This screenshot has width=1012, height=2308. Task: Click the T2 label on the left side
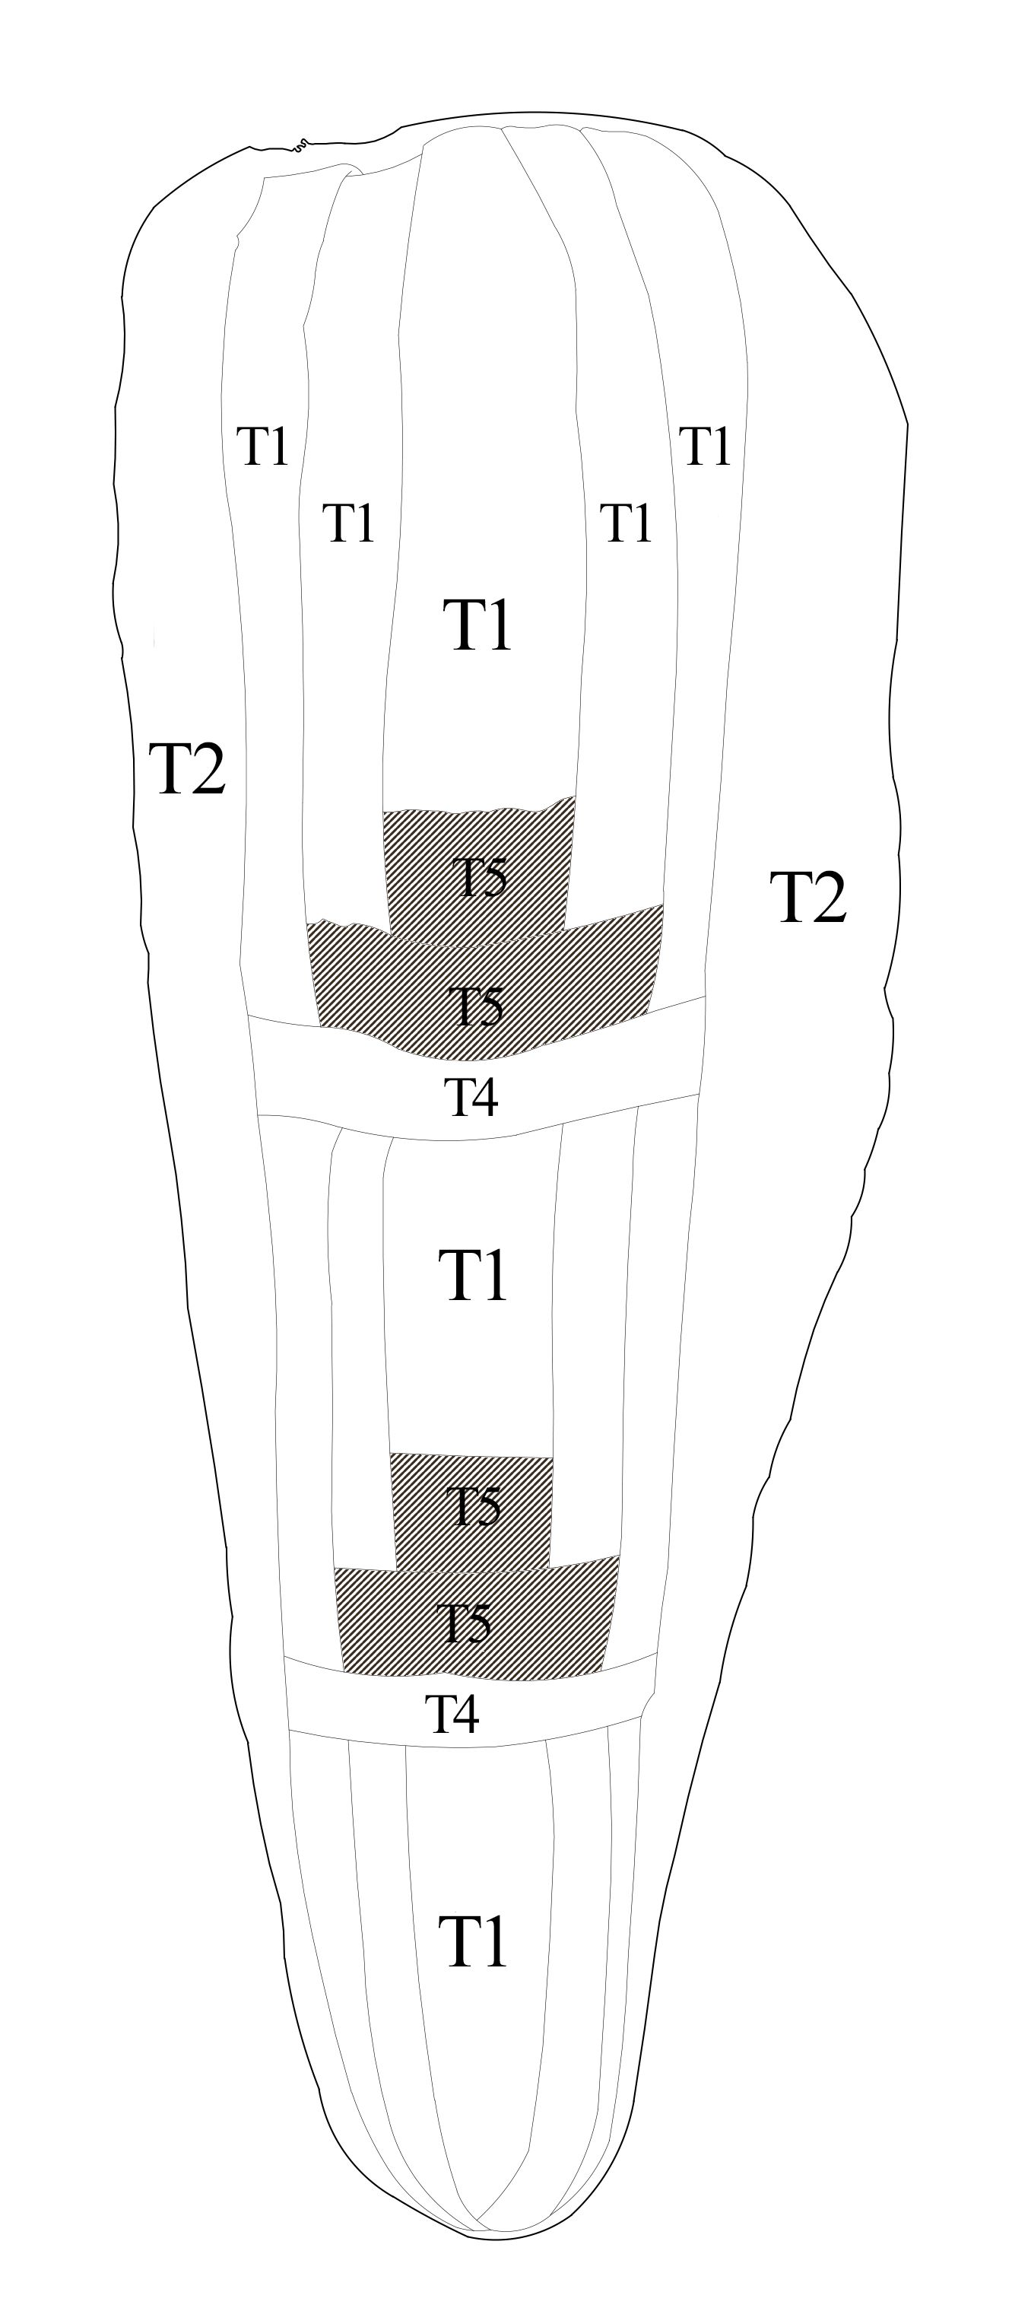(x=187, y=769)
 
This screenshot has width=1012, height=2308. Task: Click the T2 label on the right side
(x=807, y=897)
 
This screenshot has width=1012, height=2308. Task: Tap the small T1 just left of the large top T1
(x=348, y=523)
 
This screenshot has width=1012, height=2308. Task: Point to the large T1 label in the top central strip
(x=477, y=625)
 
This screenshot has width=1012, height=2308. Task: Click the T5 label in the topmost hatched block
(x=479, y=877)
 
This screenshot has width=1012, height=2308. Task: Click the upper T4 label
(x=472, y=1097)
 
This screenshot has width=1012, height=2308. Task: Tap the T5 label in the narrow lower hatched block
(x=474, y=1506)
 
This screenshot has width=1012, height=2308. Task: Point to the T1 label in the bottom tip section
(x=473, y=1942)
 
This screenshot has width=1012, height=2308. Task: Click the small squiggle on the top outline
(x=302, y=142)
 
